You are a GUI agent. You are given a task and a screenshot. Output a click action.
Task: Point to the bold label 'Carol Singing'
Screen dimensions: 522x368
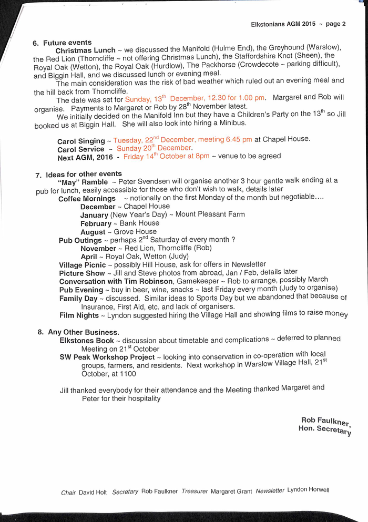[81, 141]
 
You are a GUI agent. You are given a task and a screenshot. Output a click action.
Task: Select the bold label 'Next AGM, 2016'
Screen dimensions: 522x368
[85, 157]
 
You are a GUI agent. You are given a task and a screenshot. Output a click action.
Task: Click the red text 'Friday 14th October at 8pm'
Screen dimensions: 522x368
[166, 156]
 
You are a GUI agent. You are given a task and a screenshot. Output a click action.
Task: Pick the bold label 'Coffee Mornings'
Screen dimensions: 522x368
[87, 199]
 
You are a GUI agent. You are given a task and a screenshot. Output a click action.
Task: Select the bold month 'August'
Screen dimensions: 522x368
[93, 232]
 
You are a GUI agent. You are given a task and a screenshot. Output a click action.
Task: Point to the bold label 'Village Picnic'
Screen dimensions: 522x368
[82, 265]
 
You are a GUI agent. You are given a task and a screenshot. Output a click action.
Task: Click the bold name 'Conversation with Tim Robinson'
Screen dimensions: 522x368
[116, 282]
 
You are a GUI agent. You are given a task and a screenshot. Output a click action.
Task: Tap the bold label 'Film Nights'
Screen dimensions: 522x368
[79, 315]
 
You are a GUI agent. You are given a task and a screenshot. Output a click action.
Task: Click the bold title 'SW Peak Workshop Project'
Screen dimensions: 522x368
[107, 357]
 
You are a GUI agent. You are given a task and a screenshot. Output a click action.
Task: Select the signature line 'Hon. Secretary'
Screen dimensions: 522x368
[324, 429]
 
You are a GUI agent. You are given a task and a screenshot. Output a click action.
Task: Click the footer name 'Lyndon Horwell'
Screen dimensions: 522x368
[308, 490]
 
